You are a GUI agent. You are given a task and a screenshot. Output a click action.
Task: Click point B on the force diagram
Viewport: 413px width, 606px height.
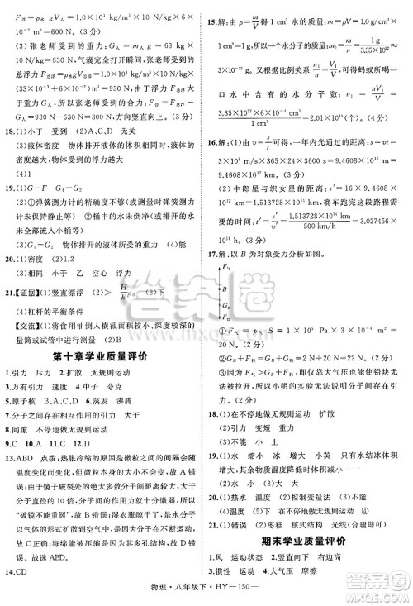pos(235,312)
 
